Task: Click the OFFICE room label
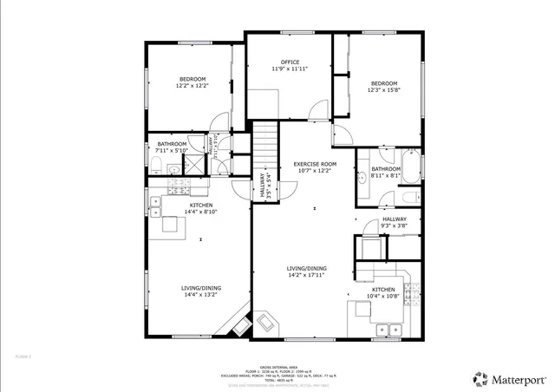(x=290, y=62)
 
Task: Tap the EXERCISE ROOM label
(x=314, y=164)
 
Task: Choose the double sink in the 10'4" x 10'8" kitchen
(x=388, y=329)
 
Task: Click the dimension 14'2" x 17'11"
(x=307, y=275)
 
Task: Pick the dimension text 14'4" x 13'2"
(x=200, y=295)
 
